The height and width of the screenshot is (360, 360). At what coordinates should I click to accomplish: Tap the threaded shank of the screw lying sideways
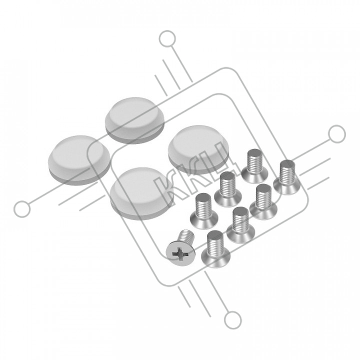[x=186, y=236]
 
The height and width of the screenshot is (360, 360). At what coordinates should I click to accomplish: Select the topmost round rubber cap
[x=135, y=120]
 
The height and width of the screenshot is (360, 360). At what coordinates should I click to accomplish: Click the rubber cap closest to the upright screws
[x=198, y=149]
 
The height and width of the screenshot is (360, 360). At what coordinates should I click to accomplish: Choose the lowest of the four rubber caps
[x=141, y=193]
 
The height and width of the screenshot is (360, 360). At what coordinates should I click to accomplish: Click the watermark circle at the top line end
[x=167, y=39]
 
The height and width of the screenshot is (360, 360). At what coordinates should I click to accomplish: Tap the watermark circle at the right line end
[x=337, y=134]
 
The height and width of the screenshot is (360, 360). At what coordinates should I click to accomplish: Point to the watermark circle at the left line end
[x=22, y=209]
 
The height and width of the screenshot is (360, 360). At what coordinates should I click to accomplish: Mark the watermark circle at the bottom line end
[x=233, y=320]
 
